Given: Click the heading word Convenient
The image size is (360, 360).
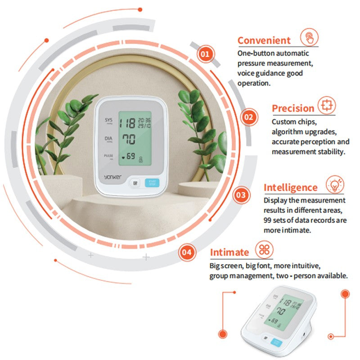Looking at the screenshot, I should coord(264,40).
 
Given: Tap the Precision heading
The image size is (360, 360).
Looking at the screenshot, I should coord(293,108).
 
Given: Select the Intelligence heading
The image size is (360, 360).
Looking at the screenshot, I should coord(290,188).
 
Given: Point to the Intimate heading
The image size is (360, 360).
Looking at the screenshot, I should coord(229,252).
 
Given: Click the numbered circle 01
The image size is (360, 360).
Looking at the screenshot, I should coord(205,54).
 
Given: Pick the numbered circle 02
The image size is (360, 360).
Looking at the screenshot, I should coord(248,117).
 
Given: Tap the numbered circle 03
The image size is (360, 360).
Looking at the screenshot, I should coord(241,195).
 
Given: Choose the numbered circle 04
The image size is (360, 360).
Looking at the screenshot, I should coord(186,252).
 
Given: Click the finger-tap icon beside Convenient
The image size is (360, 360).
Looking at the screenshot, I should coord(309,37).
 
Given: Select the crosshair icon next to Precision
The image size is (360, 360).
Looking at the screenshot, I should coord(327,105).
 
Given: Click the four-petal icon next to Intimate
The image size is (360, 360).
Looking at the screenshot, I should coord(264,249).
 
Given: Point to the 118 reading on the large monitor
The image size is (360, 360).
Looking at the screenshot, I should coord(128,123).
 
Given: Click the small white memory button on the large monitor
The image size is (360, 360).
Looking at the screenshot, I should coord(135,183).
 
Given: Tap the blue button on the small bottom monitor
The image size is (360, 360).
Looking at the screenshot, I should coord(277,343).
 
